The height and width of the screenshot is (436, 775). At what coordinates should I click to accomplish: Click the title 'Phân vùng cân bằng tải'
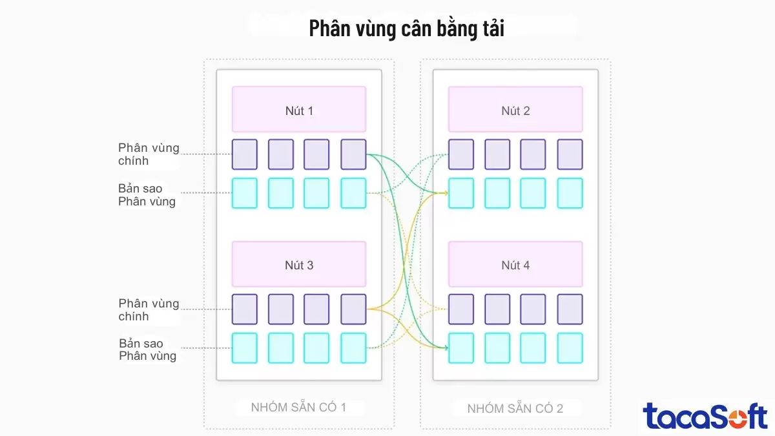pyautogui.click(x=406, y=29)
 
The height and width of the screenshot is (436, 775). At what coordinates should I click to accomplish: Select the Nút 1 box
pyautogui.click(x=299, y=110)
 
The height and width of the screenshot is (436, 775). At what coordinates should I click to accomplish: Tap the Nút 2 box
pyautogui.click(x=515, y=110)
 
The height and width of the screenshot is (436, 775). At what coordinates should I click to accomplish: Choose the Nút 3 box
pyautogui.click(x=299, y=264)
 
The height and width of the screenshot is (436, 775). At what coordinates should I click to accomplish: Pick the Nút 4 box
pyautogui.click(x=515, y=264)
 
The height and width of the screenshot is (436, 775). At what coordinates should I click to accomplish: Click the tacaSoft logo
pyautogui.click(x=705, y=415)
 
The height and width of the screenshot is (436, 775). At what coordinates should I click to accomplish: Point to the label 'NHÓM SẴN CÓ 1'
pyautogui.click(x=299, y=408)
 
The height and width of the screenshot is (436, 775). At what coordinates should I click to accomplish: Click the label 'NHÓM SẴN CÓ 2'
pyautogui.click(x=515, y=408)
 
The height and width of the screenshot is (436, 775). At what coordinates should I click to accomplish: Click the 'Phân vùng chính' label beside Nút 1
pyautogui.click(x=149, y=154)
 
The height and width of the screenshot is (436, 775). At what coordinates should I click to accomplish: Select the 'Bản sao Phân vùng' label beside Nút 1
pyautogui.click(x=147, y=194)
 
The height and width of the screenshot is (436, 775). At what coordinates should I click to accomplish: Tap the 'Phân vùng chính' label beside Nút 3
pyautogui.click(x=149, y=309)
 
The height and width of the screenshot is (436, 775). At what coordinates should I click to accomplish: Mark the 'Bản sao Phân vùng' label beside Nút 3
pyautogui.click(x=147, y=349)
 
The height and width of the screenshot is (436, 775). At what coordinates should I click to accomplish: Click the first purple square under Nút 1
pyautogui.click(x=245, y=154)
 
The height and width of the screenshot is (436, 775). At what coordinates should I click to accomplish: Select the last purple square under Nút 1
pyautogui.click(x=353, y=154)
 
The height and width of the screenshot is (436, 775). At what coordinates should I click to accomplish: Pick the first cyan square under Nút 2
pyautogui.click(x=461, y=193)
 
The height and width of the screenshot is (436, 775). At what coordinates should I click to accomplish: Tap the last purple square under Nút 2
pyautogui.click(x=570, y=154)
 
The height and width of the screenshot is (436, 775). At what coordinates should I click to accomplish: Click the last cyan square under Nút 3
pyautogui.click(x=353, y=348)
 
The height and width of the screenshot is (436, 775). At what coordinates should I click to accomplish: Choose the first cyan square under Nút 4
pyautogui.click(x=461, y=348)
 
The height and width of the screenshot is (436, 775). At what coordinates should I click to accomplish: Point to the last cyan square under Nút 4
pyautogui.click(x=570, y=348)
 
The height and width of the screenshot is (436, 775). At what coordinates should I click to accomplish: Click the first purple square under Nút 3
pyautogui.click(x=245, y=309)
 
